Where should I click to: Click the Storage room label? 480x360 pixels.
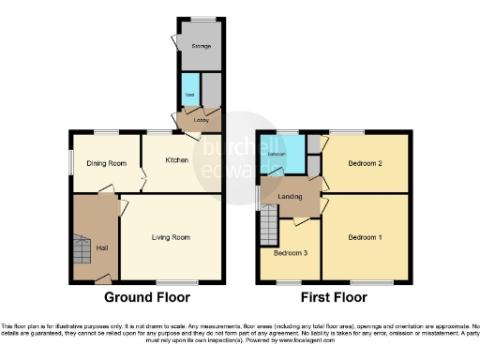201,44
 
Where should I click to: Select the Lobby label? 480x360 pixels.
201,120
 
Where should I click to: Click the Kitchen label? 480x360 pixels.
178,160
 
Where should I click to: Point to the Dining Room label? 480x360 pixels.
106,163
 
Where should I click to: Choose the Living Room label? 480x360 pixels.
171,237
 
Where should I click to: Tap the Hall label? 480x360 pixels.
102,247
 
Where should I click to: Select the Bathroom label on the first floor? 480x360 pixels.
276,154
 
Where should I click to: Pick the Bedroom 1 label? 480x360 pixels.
365,237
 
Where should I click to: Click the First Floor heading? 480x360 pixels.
334,299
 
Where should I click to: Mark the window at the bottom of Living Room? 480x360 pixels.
176,281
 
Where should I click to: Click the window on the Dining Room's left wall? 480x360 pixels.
73,162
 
